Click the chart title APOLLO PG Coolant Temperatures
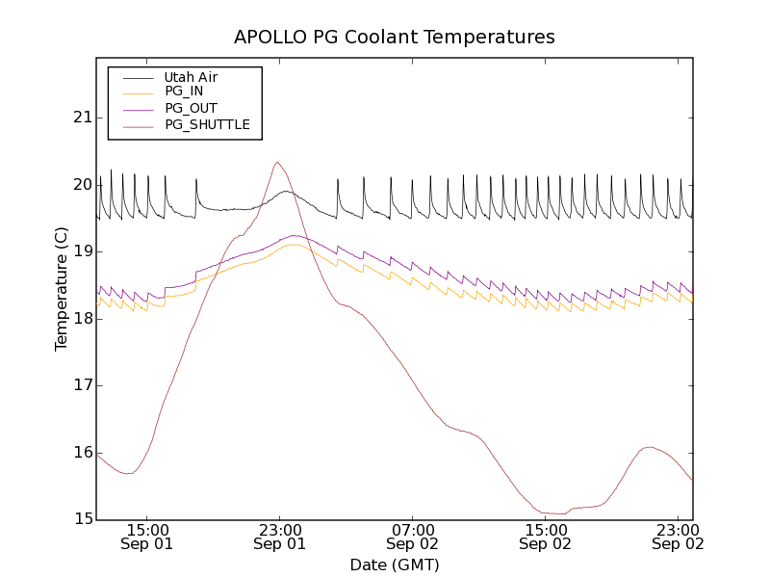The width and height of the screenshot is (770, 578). [395, 38]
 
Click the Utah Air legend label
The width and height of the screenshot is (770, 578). [191, 77]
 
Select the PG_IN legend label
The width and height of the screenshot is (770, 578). [184, 92]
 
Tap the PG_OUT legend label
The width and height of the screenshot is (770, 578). [191, 108]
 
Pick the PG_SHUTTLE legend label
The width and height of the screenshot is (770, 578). [207, 124]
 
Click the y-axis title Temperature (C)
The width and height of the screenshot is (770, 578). [62, 289]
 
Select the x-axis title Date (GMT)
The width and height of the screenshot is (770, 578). [395, 565]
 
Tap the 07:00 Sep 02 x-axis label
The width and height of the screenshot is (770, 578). [412, 537]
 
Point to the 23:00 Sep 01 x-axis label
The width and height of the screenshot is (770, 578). [279, 537]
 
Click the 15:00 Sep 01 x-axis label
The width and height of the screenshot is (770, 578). [146, 537]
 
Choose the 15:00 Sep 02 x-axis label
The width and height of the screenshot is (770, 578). [545, 537]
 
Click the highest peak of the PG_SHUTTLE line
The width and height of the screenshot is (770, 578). [277, 162]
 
